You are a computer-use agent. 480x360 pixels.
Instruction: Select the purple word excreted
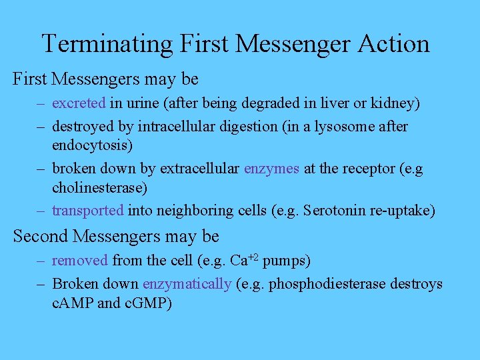79,104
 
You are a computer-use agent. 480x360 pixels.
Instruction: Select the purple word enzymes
271,169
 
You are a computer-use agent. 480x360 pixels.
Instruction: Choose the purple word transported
88,211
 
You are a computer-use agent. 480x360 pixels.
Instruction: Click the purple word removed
80,261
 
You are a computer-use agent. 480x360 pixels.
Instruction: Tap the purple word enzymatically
187,285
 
